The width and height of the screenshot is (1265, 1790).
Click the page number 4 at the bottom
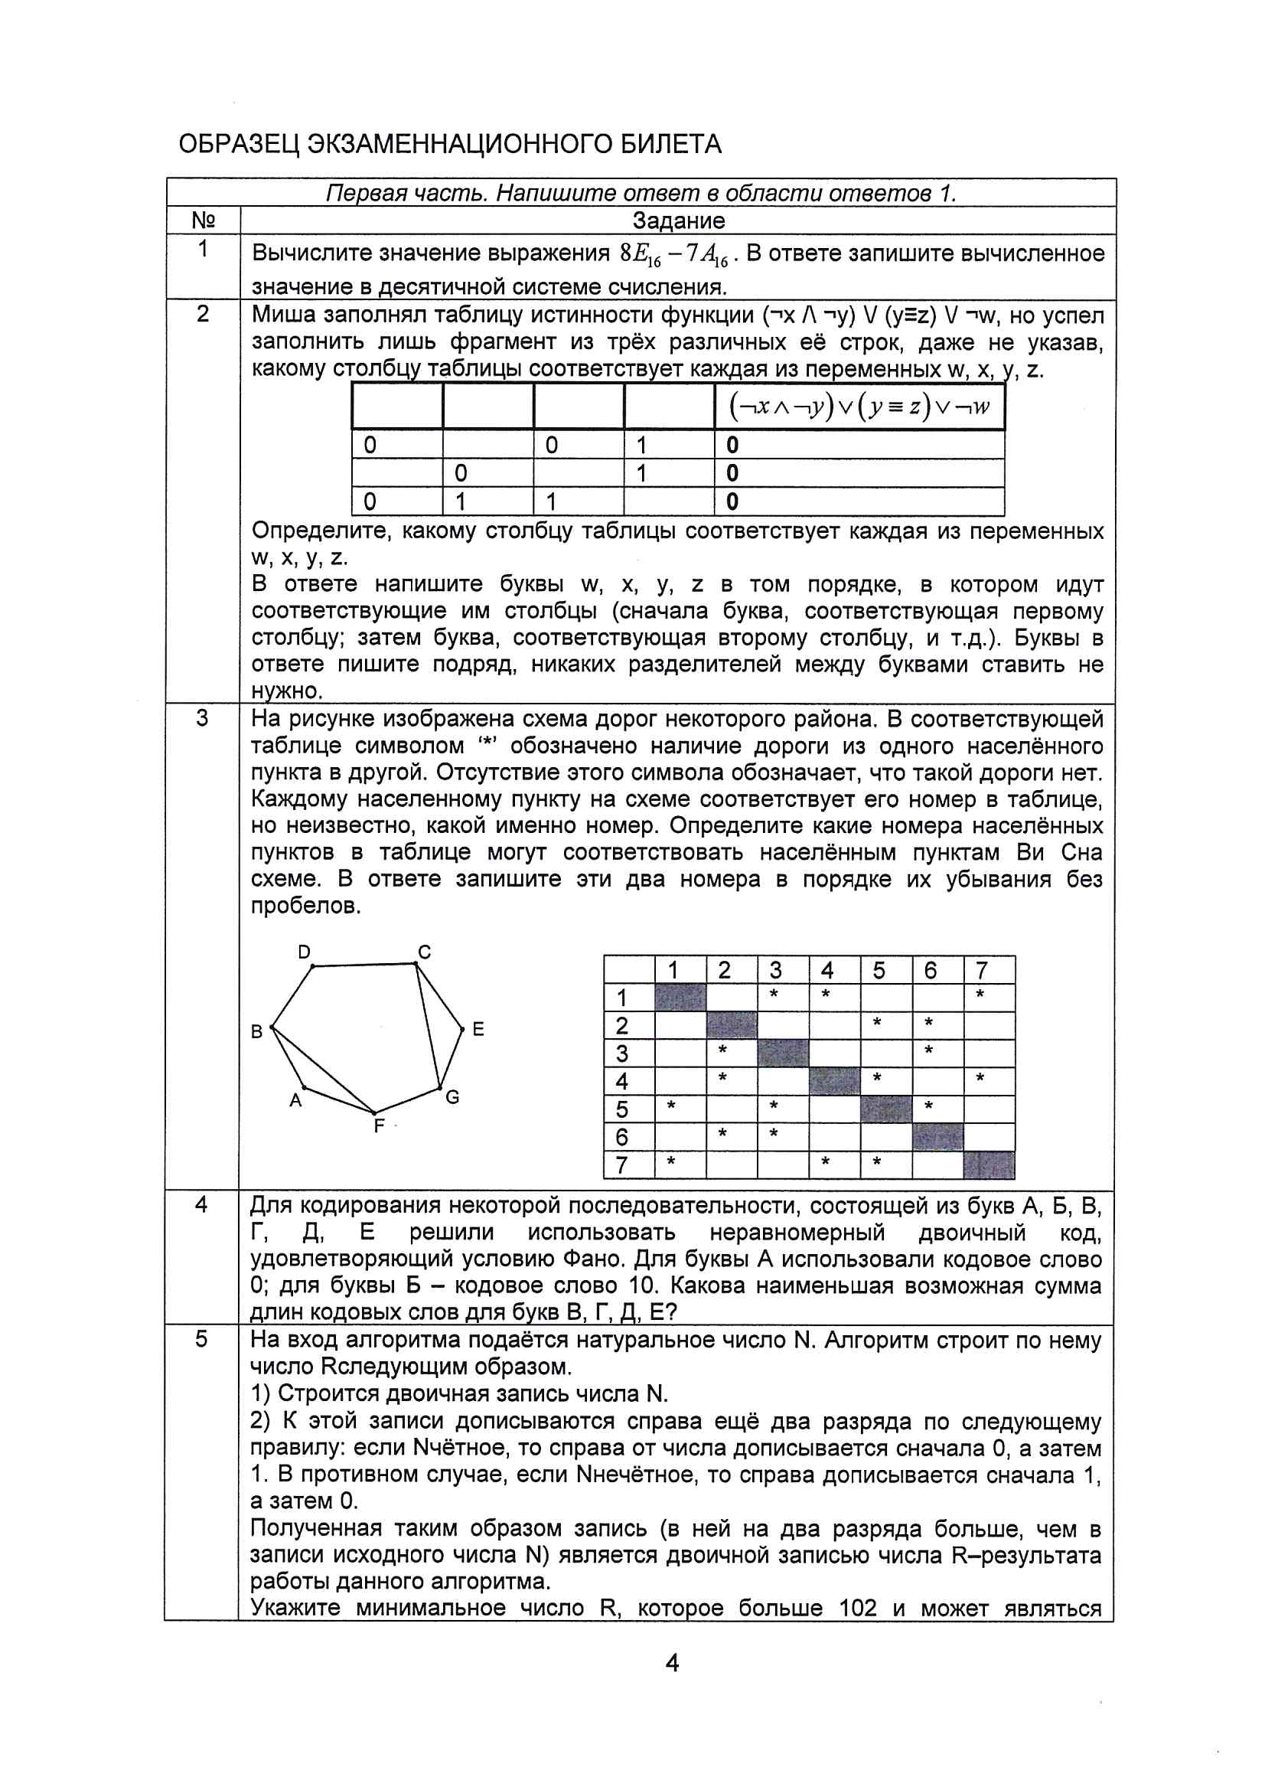pyautogui.click(x=672, y=1663)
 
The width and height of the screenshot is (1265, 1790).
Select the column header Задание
pyautogui.click(x=678, y=220)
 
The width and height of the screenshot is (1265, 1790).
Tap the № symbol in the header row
pyautogui.click(x=203, y=220)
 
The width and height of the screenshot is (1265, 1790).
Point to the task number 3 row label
pyautogui.click(x=202, y=718)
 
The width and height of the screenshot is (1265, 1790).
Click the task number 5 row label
pyautogui.click(x=201, y=1339)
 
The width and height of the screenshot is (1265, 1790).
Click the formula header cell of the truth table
pyautogui.click(x=859, y=407)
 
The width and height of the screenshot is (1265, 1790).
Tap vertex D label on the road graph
pyautogui.click(x=304, y=952)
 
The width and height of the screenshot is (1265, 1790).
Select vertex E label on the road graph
pyautogui.click(x=478, y=1029)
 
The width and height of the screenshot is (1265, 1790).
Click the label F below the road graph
pyautogui.click(x=379, y=1125)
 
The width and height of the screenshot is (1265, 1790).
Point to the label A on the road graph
pyautogui.click(x=295, y=1100)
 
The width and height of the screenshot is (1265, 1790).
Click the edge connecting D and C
pyautogui.click(x=364, y=965)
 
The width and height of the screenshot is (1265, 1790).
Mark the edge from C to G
pyautogui.click(x=428, y=1026)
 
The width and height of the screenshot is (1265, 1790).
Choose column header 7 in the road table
pyautogui.click(x=982, y=970)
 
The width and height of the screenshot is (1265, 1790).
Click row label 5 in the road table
pyautogui.click(x=622, y=1109)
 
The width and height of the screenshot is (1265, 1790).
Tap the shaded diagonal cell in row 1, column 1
pyautogui.click(x=680, y=997)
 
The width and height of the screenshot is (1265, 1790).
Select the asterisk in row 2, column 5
pyautogui.click(x=877, y=1022)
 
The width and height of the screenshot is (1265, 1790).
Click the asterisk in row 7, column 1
pyautogui.click(x=670, y=1162)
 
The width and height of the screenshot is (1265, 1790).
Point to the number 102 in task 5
pyautogui.click(x=857, y=1609)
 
